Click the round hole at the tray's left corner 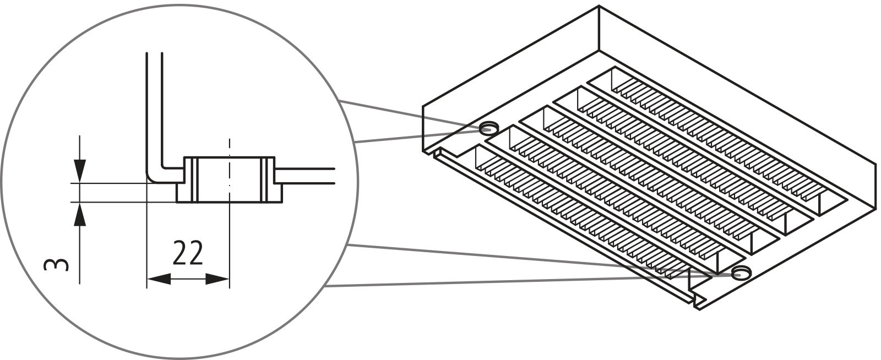tap(487, 129)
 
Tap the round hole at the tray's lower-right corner tap(741, 272)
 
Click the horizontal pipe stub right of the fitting tap(308, 176)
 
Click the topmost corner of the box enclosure tap(599, 7)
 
